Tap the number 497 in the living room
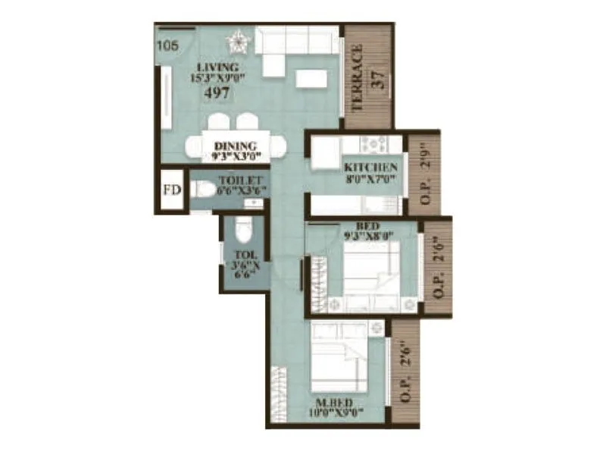click(x=215, y=94)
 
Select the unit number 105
click(x=167, y=45)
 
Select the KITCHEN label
click(x=371, y=167)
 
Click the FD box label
click(x=172, y=190)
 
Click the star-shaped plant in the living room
click(x=239, y=39)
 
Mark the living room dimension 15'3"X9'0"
click(x=215, y=77)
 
